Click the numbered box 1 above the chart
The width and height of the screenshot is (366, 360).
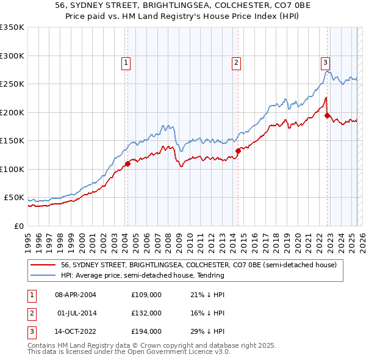coord(126,62)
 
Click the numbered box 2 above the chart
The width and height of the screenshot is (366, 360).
coord(236,62)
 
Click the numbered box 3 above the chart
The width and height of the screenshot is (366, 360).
coord(326,62)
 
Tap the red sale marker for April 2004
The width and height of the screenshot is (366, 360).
coord(128,164)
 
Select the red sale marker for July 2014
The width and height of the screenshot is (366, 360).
coord(238,151)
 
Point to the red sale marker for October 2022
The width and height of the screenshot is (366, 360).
coord(328,115)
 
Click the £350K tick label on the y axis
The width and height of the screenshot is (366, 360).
coord(12,27)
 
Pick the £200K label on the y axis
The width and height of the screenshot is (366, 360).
coord(12,112)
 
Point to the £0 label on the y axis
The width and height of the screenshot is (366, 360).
coord(20,226)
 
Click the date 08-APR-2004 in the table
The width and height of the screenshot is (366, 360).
coord(76,295)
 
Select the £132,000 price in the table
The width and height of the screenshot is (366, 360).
coord(146,313)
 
